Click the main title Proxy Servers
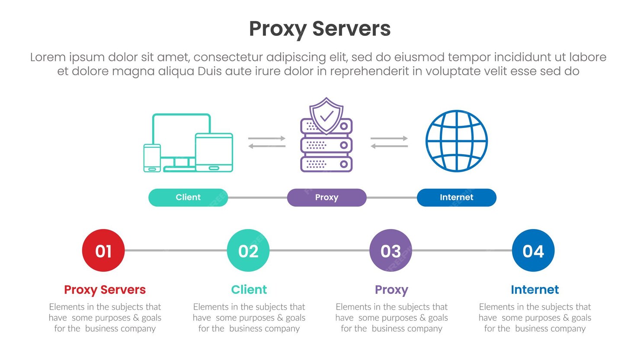pos(320,29)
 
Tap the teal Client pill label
pos(188,198)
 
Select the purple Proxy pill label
pos(326,198)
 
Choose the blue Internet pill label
pos(456,198)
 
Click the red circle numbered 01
pos(103,251)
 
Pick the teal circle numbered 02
pos(248,251)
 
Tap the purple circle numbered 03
pos(390,251)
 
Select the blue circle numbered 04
pos(533,251)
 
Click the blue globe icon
pos(456,141)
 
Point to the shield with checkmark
pos(326,115)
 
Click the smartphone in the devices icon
pos(152,158)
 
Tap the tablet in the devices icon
pos(214,152)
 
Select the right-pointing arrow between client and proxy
pos(267,138)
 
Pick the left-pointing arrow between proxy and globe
pos(389,146)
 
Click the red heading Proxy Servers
pos(105,290)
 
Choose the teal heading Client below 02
pos(249,290)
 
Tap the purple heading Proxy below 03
pos(391,290)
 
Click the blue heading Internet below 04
pos(534,290)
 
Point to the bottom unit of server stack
pos(326,164)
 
